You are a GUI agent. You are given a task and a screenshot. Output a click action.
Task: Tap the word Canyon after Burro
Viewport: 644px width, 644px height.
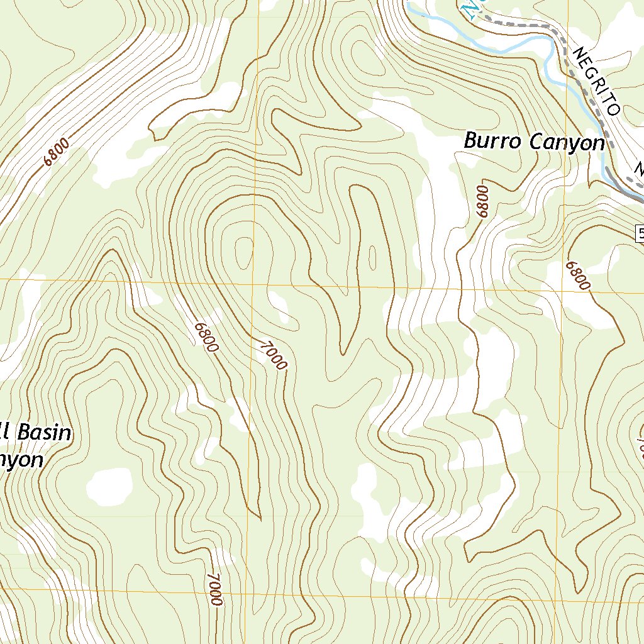click(567, 142)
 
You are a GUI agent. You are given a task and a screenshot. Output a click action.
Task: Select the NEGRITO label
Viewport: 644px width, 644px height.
click(596, 82)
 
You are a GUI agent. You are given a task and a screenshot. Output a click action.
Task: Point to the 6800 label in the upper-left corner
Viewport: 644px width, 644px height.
click(57, 152)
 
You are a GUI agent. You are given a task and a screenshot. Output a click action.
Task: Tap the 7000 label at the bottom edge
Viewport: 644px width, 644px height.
click(214, 589)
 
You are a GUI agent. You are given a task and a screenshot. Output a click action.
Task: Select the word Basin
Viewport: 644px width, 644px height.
click(43, 433)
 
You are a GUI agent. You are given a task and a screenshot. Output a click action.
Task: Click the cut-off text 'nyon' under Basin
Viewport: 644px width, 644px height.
click(22, 460)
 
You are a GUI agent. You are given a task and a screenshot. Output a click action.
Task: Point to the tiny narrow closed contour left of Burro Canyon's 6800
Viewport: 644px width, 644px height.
click(372, 257)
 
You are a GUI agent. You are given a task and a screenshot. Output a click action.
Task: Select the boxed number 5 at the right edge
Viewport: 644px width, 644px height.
click(640, 234)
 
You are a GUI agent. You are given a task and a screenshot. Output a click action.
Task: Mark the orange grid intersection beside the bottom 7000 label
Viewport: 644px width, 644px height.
click(260, 592)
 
